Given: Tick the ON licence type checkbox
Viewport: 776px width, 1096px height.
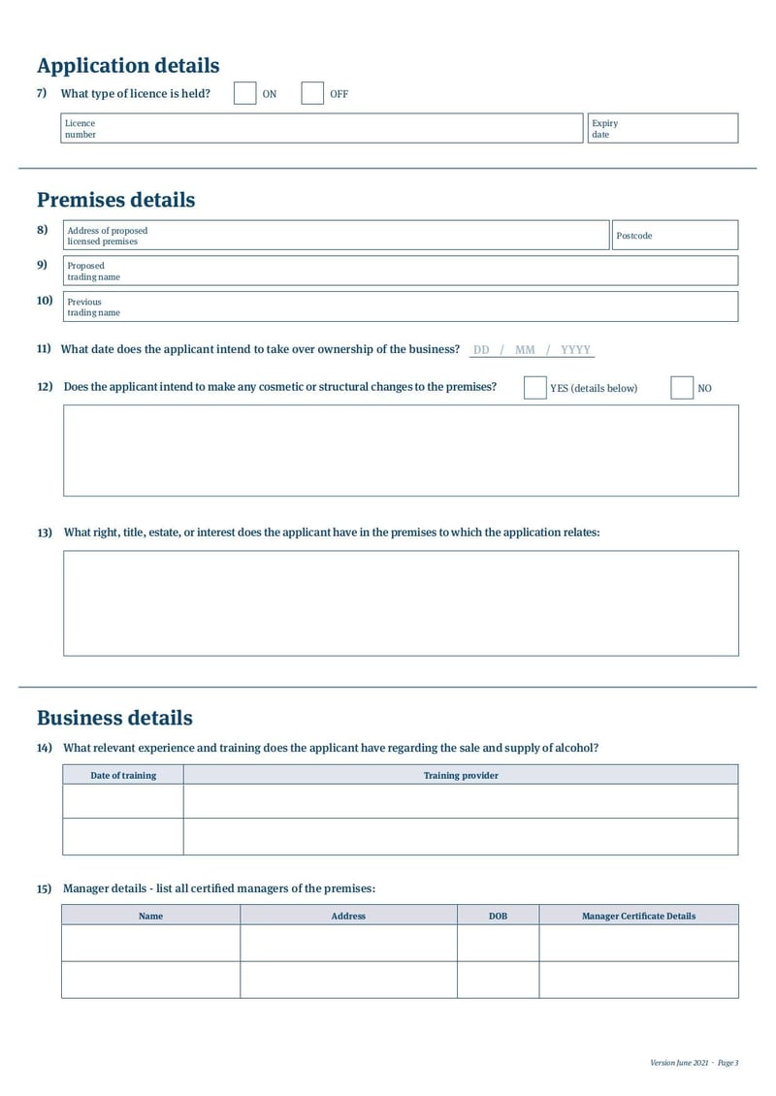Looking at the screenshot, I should [x=244, y=93].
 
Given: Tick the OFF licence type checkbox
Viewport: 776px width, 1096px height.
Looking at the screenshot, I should [x=311, y=93].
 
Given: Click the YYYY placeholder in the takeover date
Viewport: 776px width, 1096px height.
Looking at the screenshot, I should [x=575, y=350].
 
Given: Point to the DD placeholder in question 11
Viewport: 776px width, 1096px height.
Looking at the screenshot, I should [x=481, y=350].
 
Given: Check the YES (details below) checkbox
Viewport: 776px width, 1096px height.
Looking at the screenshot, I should [x=534, y=388].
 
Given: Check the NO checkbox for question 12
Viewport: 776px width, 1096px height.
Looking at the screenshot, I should [x=682, y=388].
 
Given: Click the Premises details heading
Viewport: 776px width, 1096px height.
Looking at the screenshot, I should [x=115, y=200].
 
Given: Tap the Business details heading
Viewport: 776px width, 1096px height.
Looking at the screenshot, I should [x=114, y=718].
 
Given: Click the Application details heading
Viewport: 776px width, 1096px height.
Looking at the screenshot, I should [x=128, y=66].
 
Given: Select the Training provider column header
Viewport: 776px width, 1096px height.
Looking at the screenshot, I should [x=461, y=775].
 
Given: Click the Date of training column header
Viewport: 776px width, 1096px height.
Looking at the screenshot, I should [x=123, y=775].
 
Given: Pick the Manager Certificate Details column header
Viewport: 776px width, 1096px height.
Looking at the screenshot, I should [x=638, y=916].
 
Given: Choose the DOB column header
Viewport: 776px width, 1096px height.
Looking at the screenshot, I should [x=498, y=916].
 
